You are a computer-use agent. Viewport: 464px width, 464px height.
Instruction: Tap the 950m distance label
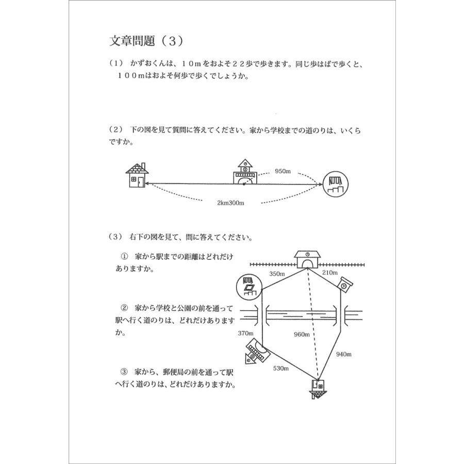(284, 170)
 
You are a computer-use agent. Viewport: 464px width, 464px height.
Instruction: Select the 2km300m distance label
(230, 203)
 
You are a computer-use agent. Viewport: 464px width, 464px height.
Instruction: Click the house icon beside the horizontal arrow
(137, 176)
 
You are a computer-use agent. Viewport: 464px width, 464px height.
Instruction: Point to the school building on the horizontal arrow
(244, 172)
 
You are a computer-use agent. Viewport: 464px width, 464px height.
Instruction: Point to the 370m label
(245, 334)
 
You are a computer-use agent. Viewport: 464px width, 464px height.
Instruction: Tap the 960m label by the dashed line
(301, 334)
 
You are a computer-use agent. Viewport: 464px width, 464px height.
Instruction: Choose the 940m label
(343, 354)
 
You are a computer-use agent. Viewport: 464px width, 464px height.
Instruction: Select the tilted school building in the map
(256, 353)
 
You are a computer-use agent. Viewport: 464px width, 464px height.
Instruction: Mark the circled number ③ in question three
(124, 371)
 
